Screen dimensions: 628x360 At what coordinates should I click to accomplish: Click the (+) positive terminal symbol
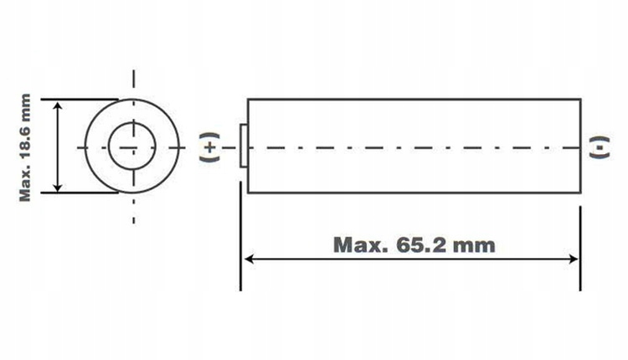pyautogui.click(x=210, y=147)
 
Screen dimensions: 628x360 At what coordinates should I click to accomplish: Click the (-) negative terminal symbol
pyautogui.click(x=600, y=147)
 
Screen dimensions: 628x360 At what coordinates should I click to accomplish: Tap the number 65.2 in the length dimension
pyautogui.click(x=420, y=244)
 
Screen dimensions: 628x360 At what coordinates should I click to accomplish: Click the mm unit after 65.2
pyautogui.click(x=474, y=246)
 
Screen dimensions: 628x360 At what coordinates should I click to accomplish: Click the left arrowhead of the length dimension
pyautogui.click(x=249, y=259)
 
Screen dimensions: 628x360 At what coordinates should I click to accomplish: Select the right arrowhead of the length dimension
pyautogui.click(x=573, y=259)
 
